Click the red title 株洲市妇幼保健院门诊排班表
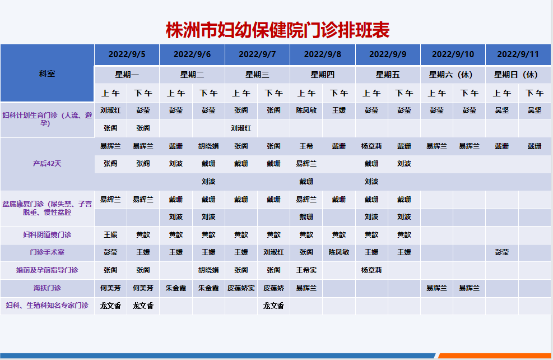(277, 30)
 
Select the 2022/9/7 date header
(257, 54)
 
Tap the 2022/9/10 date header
(453, 54)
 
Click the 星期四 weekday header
(322, 75)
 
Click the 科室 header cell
(47, 73)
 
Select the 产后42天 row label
(47, 164)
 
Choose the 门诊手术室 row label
(47, 252)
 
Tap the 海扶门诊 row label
(47, 288)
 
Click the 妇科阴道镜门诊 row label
(47, 235)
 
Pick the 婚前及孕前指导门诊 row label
(47, 270)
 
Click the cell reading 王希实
(306, 270)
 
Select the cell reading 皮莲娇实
(241, 288)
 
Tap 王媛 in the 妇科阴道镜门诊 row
(110, 235)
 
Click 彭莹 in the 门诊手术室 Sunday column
(502, 252)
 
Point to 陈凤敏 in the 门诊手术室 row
(339, 252)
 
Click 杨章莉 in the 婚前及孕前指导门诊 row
(371, 270)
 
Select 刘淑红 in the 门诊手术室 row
(273, 252)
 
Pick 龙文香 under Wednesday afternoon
(273, 306)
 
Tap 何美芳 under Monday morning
(110, 288)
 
